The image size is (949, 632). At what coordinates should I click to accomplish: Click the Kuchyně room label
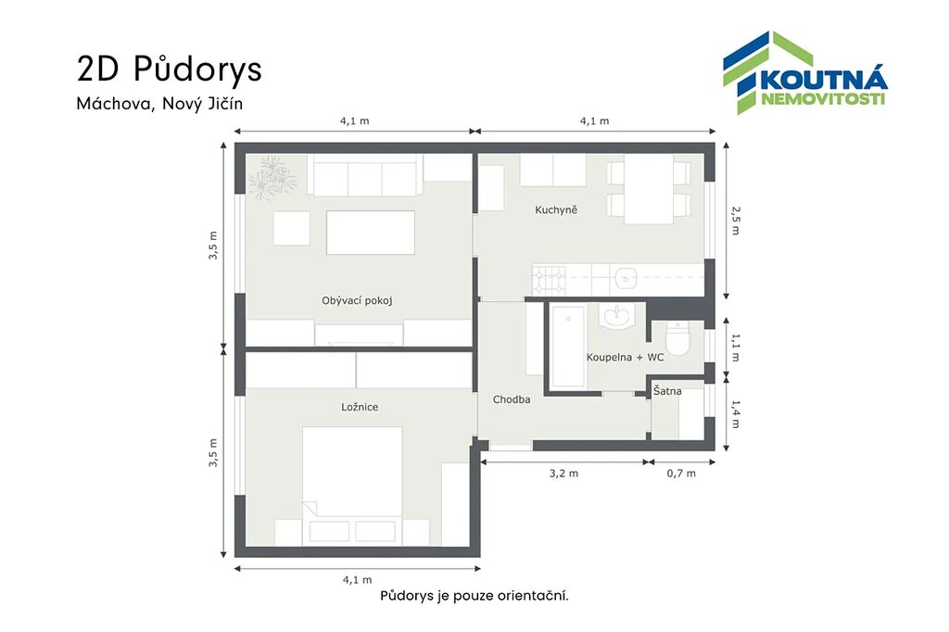coord(556,210)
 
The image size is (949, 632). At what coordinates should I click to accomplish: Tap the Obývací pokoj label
coord(357,300)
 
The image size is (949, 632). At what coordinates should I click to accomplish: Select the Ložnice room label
coord(360,407)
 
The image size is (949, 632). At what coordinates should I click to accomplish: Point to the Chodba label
coord(512,399)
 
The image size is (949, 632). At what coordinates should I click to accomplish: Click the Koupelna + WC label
coord(626,357)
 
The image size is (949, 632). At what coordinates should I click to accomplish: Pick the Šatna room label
coord(667,391)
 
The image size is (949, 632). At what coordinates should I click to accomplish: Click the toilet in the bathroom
coord(677,338)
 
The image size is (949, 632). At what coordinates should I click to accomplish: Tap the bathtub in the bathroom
coord(568,346)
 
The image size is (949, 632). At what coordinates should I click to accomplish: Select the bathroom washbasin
coord(616,315)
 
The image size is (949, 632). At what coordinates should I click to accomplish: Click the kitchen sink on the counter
coord(626,279)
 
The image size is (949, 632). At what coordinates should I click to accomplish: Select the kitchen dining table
coord(649,189)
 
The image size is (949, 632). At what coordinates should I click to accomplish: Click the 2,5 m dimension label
coord(735,221)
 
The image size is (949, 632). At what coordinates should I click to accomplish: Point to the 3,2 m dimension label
coord(563,474)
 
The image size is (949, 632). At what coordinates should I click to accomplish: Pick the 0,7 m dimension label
coord(681,474)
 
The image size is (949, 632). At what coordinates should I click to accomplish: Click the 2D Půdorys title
coord(170,69)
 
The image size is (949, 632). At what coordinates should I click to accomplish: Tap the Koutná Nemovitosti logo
coord(805,72)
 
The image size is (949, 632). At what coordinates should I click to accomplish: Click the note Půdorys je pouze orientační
coord(474,596)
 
